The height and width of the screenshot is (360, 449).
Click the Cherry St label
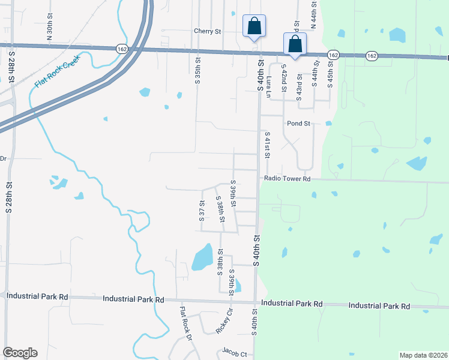point(208,31)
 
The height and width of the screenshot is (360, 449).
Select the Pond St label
point(298,124)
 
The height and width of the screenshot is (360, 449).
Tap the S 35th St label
point(197,70)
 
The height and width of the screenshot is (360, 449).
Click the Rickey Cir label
point(224,322)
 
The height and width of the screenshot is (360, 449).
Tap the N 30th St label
point(49,31)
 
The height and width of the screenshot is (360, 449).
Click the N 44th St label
point(313,15)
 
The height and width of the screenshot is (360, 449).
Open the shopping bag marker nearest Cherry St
point(254,26)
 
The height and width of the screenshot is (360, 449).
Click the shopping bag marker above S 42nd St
point(295,44)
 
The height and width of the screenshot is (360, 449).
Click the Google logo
point(20,353)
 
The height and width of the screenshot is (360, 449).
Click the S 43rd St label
point(299,87)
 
